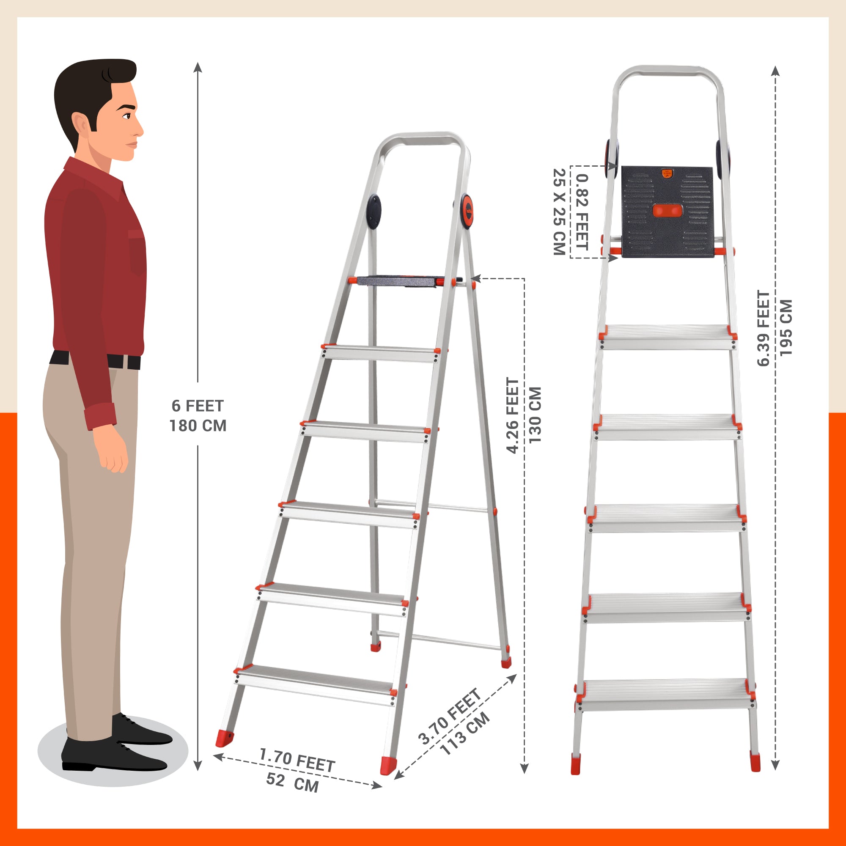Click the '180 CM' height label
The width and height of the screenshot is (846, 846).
[x=198, y=426]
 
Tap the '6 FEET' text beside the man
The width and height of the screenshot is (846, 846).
[x=198, y=406]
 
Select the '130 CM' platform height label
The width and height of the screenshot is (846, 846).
[x=535, y=415]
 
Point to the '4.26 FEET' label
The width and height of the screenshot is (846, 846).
[x=512, y=415]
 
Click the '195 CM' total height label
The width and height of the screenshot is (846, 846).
[x=786, y=327]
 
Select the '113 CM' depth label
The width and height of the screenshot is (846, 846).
[x=464, y=733]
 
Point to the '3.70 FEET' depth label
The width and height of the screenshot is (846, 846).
[x=450, y=717]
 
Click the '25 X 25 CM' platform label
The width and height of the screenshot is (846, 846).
[x=559, y=211]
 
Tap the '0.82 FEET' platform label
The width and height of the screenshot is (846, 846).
[x=582, y=212]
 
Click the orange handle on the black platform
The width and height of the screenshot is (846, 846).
[x=667, y=211]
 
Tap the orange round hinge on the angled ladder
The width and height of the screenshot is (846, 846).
[x=467, y=211]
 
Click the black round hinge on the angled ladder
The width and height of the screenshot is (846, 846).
[x=374, y=212]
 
